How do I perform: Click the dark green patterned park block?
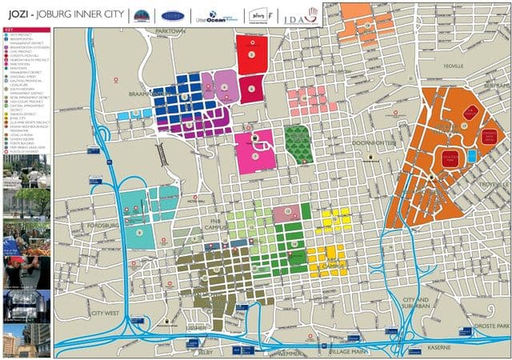click(x=298, y=143)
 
